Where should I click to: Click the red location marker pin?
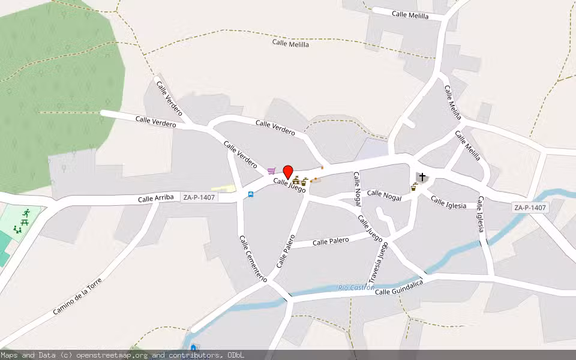pyautogui.click(x=288, y=172)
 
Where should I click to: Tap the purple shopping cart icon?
pyautogui.click(x=272, y=171)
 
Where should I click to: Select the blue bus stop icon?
pyautogui.click(x=250, y=194)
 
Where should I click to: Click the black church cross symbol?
pyautogui.click(x=423, y=177)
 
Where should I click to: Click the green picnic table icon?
pyautogui.click(x=25, y=222)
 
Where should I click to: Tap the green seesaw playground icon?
pyautogui.click(x=17, y=229)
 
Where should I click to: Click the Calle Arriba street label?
pyautogui.click(x=155, y=198)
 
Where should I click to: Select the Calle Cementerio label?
pyautogui.click(x=253, y=259)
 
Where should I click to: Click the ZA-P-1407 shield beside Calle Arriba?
pyautogui.click(x=199, y=196)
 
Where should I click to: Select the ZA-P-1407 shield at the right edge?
pyautogui.click(x=530, y=208)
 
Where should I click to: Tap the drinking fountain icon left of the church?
pyautogui.click(x=414, y=187)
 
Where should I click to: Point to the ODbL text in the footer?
pyautogui.click(x=235, y=355)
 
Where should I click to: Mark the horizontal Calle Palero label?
pyautogui.click(x=331, y=241)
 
